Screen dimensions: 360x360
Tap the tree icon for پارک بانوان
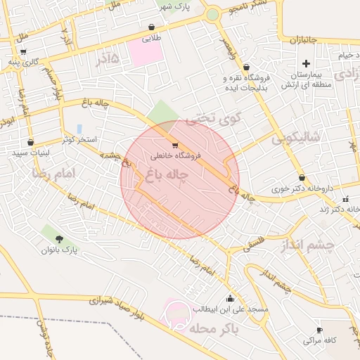pyautogui.click(x=58, y=239)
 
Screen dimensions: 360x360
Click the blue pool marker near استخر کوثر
pyautogui.click(x=79, y=129)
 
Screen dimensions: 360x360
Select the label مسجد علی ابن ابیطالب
pyautogui.click(x=230, y=309)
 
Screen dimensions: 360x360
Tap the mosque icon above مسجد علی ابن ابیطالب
pyautogui.click(x=230, y=298)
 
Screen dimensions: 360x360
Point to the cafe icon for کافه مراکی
pyautogui.click(x=319, y=330)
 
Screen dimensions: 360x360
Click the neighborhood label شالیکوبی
pyautogui.click(x=295, y=137)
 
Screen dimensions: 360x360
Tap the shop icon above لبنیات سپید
pyautogui.click(x=30, y=142)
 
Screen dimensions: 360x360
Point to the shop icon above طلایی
pyautogui.click(x=151, y=27)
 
